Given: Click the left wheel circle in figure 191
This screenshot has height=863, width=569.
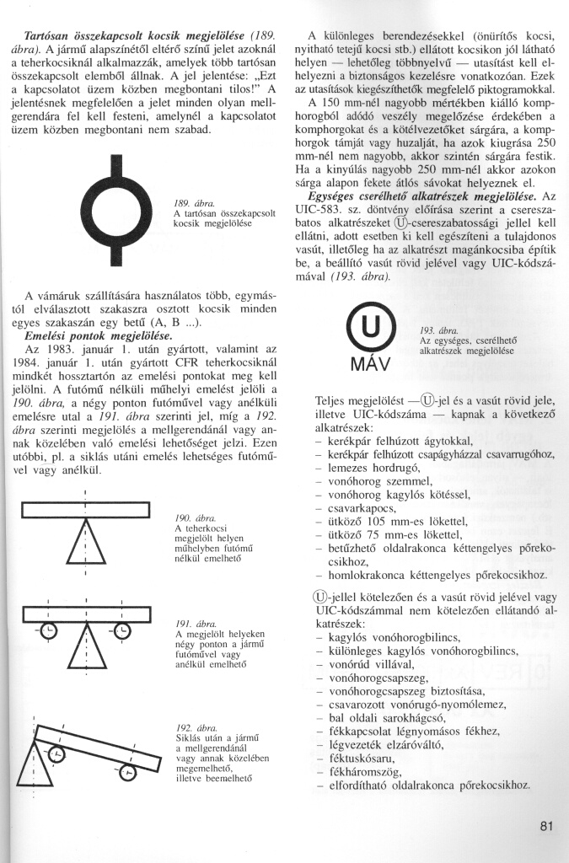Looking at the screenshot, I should [50, 630].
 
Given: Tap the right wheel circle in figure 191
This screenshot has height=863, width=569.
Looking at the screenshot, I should [122, 630].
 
